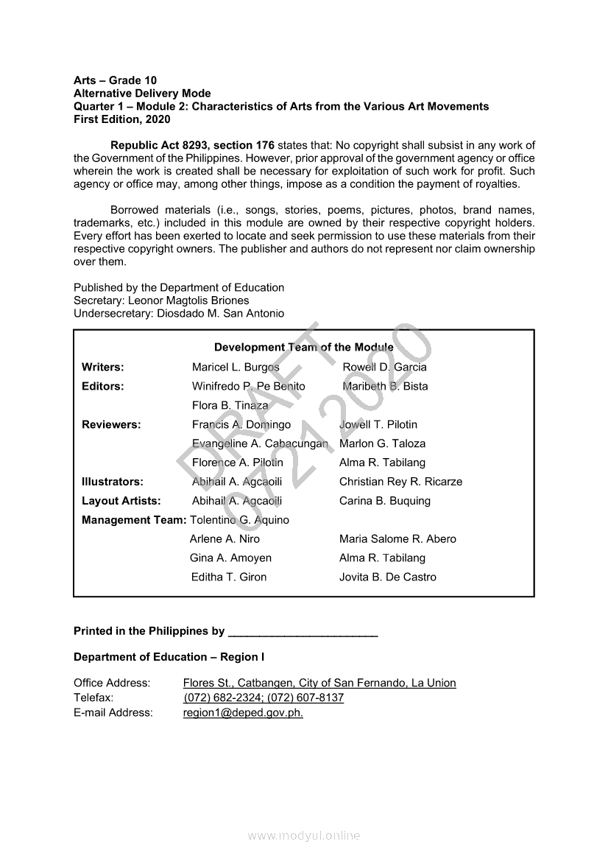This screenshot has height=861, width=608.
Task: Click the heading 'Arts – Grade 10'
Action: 115,80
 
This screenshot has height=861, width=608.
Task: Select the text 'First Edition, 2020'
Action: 121,119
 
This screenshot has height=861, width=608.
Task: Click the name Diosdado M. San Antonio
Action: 222,314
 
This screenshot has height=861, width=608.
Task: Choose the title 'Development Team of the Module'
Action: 303,348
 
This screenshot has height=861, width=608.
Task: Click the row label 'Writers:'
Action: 103,367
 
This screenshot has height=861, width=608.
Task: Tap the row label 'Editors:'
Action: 103,386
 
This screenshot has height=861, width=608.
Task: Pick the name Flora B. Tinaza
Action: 230,405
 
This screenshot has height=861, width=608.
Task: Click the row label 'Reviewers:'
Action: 111,424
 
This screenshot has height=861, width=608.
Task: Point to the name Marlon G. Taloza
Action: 382,443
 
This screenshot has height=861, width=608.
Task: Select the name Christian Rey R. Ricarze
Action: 400,482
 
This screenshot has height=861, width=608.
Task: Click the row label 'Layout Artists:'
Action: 121,501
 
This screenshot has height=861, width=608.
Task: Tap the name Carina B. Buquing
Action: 384,501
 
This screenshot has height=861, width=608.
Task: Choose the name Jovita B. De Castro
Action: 387,577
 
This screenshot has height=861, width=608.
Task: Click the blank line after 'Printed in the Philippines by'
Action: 303,632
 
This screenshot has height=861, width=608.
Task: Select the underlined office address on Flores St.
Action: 319,683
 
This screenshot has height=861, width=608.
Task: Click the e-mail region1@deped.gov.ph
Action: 243,713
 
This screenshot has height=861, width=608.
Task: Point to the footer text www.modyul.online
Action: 304,835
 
